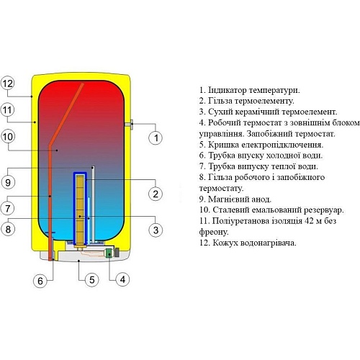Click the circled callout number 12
[8, 84]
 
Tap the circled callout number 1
[156, 138]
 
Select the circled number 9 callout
[8, 182]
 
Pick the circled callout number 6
[40, 280]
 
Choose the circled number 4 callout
[122, 279]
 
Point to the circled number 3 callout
[156, 230]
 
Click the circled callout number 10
[8, 137]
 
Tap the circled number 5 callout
[92, 280]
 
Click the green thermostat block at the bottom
[109, 253]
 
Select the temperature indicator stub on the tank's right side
[129, 125]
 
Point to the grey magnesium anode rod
[93, 204]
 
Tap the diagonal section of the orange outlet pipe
[66, 114]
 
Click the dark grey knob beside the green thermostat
[117, 253]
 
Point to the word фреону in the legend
[213, 232]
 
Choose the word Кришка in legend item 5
[223, 145]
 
